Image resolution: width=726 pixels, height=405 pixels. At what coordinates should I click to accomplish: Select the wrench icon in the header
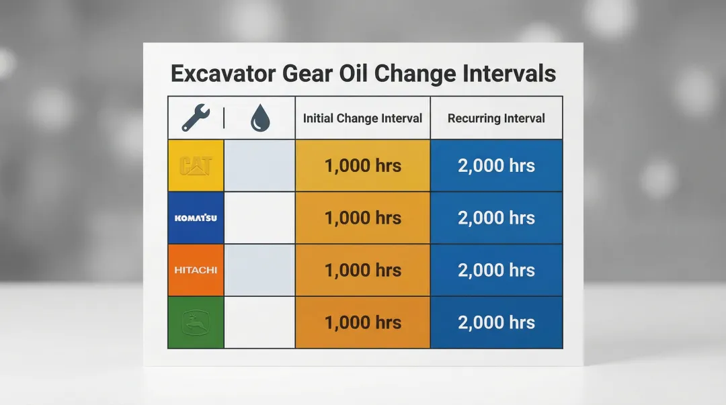tap(196, 118)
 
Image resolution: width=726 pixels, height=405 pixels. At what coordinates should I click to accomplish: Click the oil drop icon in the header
tap(260, 119)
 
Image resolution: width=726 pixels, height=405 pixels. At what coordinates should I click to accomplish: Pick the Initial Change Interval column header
tap(362, 118)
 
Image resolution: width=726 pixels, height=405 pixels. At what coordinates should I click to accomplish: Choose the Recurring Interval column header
tap(496, 118)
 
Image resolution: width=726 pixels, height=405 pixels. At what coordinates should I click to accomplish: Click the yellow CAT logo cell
tap(196, 166)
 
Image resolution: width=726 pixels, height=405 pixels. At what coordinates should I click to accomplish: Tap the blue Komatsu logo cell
tap(196, 218)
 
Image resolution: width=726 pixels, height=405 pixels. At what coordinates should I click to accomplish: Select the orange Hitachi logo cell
tap(196, 270)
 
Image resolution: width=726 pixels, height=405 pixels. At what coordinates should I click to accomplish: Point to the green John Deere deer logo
tap(196, 322)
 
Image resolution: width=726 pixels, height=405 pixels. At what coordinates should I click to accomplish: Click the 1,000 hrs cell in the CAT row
tap(362, 166)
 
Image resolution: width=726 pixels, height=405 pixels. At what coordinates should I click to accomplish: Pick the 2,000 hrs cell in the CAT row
tap(496, 166)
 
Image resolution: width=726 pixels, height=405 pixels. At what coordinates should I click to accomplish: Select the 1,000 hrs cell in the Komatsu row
tap(362, 218)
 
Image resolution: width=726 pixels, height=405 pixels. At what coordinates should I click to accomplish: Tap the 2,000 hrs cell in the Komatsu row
tap(496, 218)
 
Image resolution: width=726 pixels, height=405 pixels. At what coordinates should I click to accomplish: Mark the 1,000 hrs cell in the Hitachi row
tap(362, 270)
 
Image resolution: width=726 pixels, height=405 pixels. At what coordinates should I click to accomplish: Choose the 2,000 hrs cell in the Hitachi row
tap(496, 270)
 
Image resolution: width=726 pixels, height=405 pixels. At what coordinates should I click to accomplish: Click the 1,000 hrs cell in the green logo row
tap(362, 322)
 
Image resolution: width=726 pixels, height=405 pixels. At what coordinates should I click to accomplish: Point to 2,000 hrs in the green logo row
tap(496, 322)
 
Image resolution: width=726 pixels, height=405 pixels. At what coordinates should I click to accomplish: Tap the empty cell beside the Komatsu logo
tap(259, 218)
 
